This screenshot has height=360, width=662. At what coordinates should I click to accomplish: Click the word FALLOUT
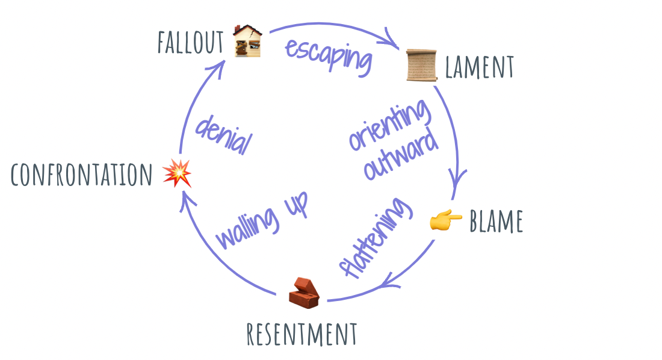(190, 42)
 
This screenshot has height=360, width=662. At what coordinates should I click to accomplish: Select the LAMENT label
(479, 67)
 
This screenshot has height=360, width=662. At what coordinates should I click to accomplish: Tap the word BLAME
(496, 222)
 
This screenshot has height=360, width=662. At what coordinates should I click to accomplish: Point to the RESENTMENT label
(302, 334)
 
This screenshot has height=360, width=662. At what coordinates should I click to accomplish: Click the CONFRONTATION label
(82, 175)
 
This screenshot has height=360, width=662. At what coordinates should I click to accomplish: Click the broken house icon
(248, 40)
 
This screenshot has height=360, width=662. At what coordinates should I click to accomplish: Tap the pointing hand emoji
(446, 221)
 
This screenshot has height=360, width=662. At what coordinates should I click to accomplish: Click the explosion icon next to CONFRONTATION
(177, 173)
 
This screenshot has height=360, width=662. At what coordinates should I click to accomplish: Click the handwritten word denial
(222, 134)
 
